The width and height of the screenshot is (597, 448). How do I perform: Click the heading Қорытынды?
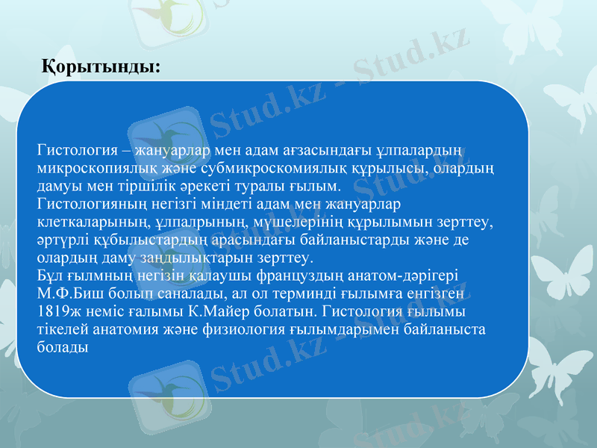pos(100,66)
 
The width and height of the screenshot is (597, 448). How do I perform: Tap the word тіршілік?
pos(144,185)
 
